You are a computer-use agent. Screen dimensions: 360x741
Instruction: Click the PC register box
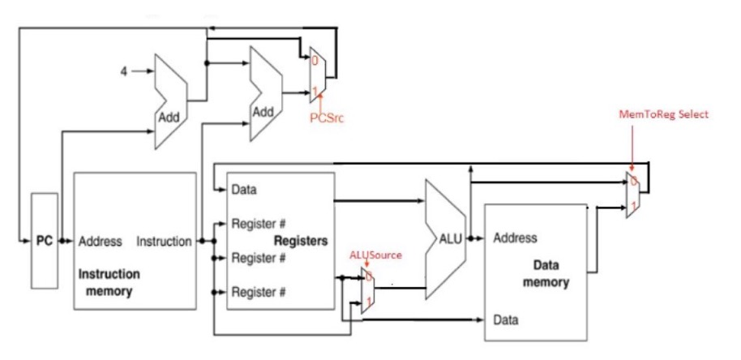[x=45, y=241]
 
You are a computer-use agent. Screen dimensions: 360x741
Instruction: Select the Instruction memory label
[x=109, y=282]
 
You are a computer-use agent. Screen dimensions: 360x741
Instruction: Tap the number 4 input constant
[x=124, y=71]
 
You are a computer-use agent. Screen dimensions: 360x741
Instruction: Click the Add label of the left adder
[x=169, y=117]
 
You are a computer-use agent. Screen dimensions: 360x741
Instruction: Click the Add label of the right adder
[x=263, y=112]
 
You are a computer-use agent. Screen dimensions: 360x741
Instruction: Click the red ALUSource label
[x=375, y=255]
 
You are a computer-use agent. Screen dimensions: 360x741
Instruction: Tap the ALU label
[x=450, y=239]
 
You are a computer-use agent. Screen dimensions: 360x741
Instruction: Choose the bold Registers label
[x=301, y=241]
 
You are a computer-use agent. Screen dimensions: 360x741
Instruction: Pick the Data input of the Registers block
[x=243, y=190]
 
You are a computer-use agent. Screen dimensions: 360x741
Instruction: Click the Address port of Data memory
[x=515, y=238]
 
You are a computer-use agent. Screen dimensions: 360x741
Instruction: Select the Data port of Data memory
[x=506, y=318]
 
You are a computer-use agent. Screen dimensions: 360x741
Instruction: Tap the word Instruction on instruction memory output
[x=164, y=241]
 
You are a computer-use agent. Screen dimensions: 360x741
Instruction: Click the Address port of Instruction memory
[x=101, y=241]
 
